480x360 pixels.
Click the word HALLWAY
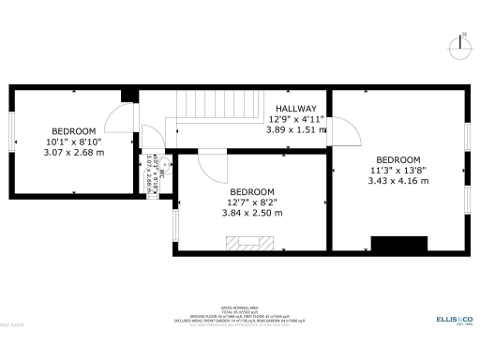(295, 109)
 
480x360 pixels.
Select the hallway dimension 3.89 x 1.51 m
(296, 130)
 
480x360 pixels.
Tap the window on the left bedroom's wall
(10, 142)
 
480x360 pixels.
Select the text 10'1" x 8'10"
(73, 142)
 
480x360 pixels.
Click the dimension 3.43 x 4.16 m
(398, 181)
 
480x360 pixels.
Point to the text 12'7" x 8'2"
(250, 202)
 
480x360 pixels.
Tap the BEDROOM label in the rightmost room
(398, 159)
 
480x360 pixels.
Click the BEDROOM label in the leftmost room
(73, 130)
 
